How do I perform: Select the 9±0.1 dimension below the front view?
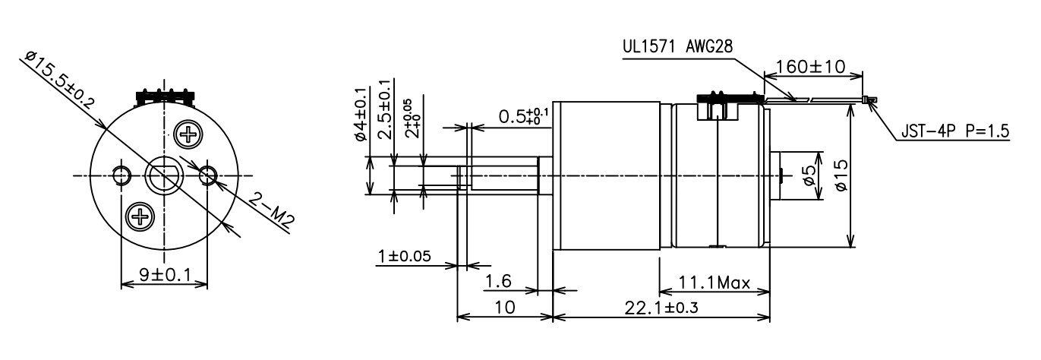pyautogui.click(x=164, y=274)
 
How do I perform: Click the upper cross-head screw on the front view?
pyautogui.click(x=187, y=135)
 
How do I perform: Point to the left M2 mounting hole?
pyautogui.click(x=120, y=176)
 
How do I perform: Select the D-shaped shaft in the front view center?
pyautogui.click(x=164, y=177)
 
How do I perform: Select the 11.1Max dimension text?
pyautogui.click(x=715, y=284)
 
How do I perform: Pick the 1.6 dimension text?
pyautogui.click(x=498, y=281)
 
